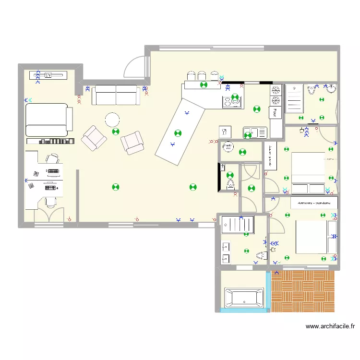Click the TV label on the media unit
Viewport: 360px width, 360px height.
click(x=48, y=75)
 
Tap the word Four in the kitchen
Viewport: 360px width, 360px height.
click(x=275, y=112)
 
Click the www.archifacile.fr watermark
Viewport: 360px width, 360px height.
click(x=330, y=326)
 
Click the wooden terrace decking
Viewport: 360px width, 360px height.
click(x=302, y=291)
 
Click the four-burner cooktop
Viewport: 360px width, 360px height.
click(x=230, y=101)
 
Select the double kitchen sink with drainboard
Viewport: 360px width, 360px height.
click(x=253, y=132)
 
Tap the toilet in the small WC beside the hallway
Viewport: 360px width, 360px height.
click(x=230, y=183)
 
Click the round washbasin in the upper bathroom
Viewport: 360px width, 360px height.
click(x=331, y=88)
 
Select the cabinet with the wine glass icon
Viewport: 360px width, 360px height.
click(x=225, y=132)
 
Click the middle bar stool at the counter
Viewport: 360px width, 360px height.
click(x=202, y=75)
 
